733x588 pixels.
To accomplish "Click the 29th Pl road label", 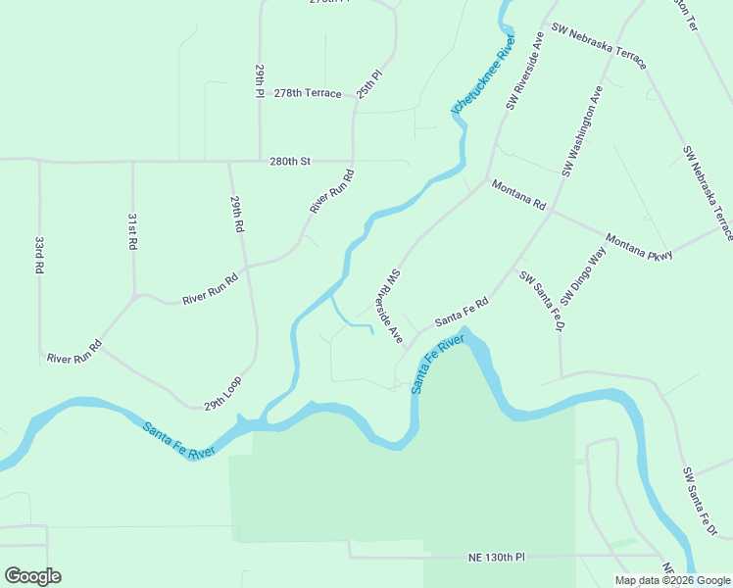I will coord(261,80).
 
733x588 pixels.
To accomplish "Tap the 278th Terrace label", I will coord(308,93).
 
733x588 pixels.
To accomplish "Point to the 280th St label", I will coord(291,160).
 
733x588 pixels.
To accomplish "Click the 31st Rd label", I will coord(132,231).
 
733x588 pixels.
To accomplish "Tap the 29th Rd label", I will coord(236,213).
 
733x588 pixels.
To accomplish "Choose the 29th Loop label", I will coord(222,391).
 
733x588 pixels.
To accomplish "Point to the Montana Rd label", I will coord(518,195).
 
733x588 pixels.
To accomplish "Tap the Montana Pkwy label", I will coord(639,247).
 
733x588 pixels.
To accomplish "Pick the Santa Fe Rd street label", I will coord(462,313).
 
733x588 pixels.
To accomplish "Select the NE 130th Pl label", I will coord(496,557).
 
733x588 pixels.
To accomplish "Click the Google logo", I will coord(32,576).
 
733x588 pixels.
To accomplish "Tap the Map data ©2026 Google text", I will coord(671,580).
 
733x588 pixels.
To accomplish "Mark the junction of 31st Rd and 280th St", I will coord(132,161).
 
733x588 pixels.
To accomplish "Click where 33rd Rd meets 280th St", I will coord(39,161).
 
